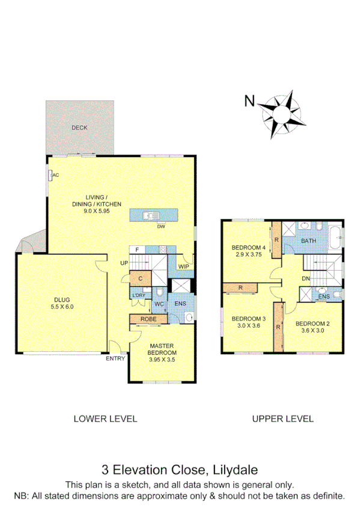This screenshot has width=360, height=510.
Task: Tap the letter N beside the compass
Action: pyautogui.click(x=249, y=101)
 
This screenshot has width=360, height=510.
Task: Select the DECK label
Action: pyautogui.click(x=79, y=127)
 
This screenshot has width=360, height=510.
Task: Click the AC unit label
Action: pyautogui.click(x=55, y=175)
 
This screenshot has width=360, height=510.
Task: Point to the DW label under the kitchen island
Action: pyautogui.click(x=160, y=227)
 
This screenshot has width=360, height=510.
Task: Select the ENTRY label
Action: pyautogui.click(x=115, y=359)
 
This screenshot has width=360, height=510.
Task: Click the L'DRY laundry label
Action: pyautogui.click(x=138, y=295)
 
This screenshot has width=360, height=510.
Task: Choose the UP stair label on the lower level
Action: pyautogui.click(x=124, y=263)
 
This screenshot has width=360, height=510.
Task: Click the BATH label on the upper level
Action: pyautogui.click(x=308, y=241)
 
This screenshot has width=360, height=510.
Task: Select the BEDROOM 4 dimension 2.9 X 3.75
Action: pyautogui.click(x=248, y=255)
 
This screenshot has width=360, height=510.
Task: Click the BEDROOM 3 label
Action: pyautogui.click(x=248, y=319)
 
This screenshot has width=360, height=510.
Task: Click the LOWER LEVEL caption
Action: pyautogui.click(x=105, y=419)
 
